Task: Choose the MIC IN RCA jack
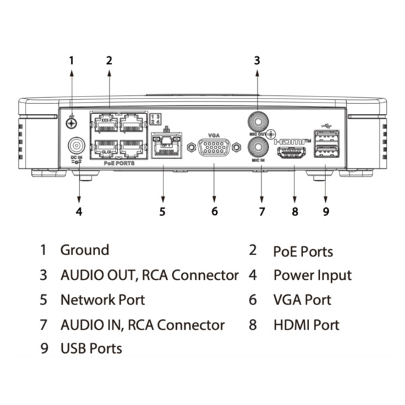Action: [x=257, y=146]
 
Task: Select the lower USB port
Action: [x=327, y=153]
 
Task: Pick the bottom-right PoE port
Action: [x=131, y=147]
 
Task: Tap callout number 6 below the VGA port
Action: [x=214, y=211]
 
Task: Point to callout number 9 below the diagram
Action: [x=326, y=211]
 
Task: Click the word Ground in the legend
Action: [x=84, y=250]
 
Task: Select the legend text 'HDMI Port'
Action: [x=306, y=325]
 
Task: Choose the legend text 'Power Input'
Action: [x=312, y=275]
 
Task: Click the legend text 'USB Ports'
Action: [x=91, y=349]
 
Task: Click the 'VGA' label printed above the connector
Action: [x=214, y=134]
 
